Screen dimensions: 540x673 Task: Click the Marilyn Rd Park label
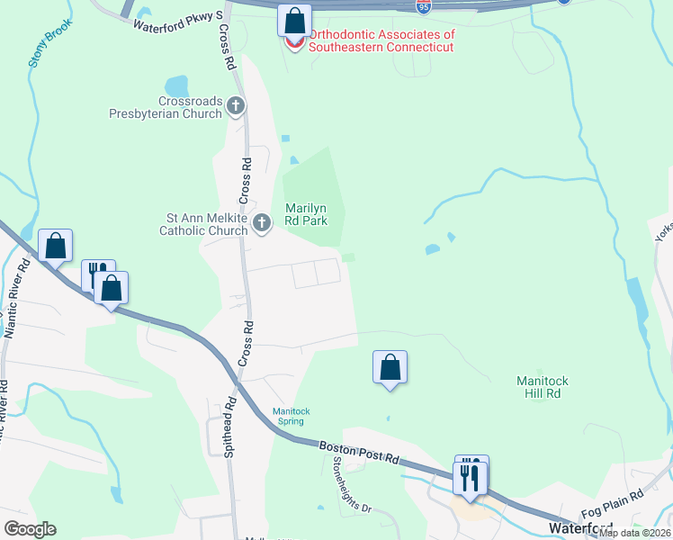click(x=306, y=213)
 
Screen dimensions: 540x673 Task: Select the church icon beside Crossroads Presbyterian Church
click(x=236, y=107)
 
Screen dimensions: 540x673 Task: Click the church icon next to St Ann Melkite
click(x=262, y=223)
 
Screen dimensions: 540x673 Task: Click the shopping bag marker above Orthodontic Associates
click(x=294, y=19)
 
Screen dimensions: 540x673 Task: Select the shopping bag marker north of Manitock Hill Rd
click(x=390, y=367)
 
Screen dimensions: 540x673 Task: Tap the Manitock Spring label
click(x=292, y=417)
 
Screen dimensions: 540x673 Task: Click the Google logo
click(x=31, y=529)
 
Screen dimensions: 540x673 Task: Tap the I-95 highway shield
click(x=424, y=6)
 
